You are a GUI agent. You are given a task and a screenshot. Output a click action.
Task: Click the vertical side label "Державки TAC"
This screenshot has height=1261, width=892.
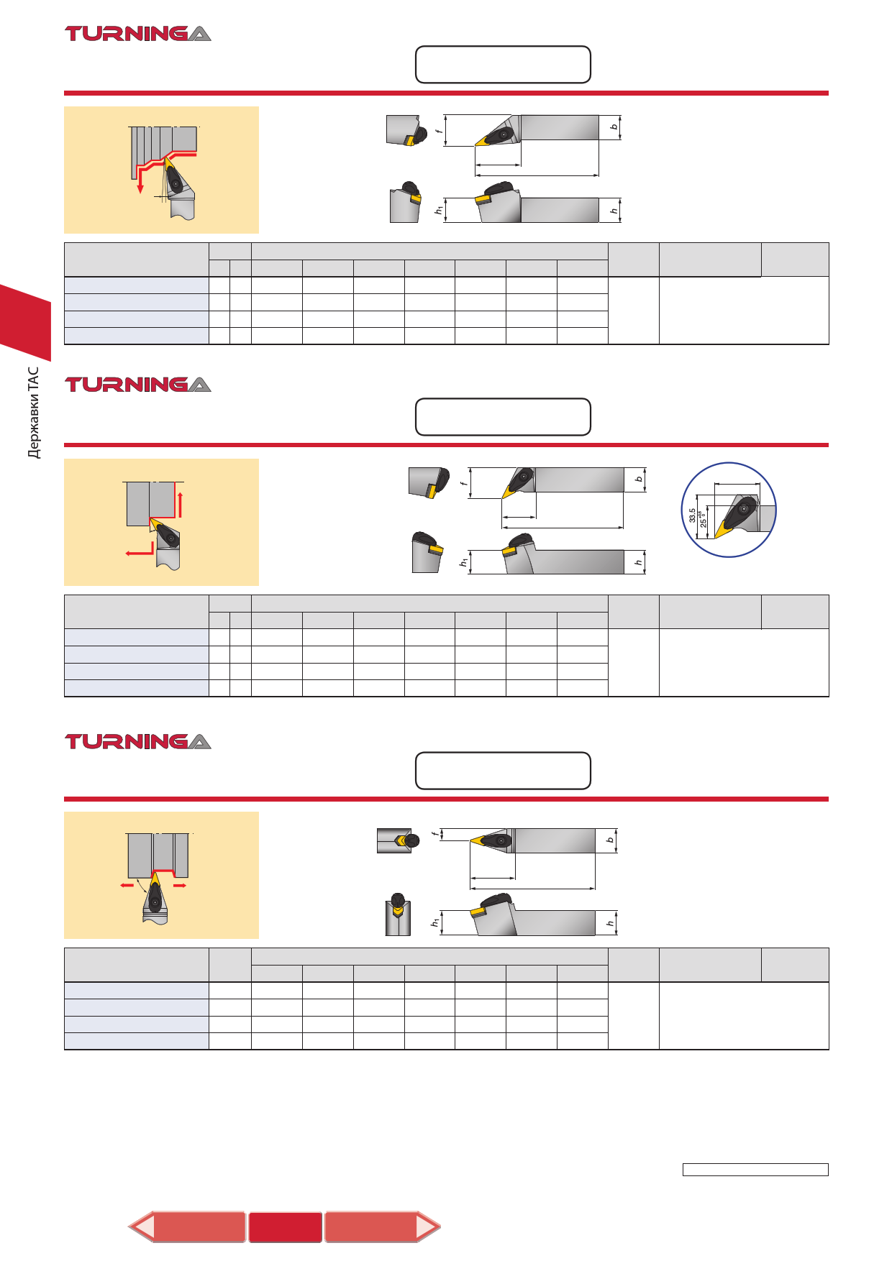pos(33,413)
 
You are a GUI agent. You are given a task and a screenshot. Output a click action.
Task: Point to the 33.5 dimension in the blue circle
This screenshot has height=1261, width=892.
pos(692,515)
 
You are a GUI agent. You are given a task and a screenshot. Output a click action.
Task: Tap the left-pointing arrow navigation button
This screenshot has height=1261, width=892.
pos(187,1226)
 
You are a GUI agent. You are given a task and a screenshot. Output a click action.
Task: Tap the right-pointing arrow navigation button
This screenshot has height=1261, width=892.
pos(382,1226)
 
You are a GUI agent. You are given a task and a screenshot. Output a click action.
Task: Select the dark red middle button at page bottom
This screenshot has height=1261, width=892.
pos(286,1226)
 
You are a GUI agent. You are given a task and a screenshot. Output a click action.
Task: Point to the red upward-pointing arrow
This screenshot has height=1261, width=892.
pos(180,504)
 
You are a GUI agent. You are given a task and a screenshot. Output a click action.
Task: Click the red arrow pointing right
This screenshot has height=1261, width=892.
pos(180,885)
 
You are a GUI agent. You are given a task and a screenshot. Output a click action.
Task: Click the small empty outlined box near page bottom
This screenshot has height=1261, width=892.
pos(755,1170)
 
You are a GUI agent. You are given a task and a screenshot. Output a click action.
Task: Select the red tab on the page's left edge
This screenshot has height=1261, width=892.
pos(25,322)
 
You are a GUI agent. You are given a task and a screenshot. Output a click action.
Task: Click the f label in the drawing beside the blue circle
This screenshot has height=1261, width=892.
pos(465,483)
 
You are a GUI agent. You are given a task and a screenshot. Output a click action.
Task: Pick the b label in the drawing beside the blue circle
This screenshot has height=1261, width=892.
pos(639,479)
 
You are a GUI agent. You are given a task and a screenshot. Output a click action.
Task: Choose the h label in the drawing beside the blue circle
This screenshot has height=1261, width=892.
pos(638,562)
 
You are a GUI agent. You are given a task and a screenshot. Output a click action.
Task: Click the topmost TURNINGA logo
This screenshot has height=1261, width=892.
pos(138,34)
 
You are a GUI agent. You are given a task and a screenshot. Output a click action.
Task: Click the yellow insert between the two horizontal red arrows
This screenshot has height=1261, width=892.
pos(154,882)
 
